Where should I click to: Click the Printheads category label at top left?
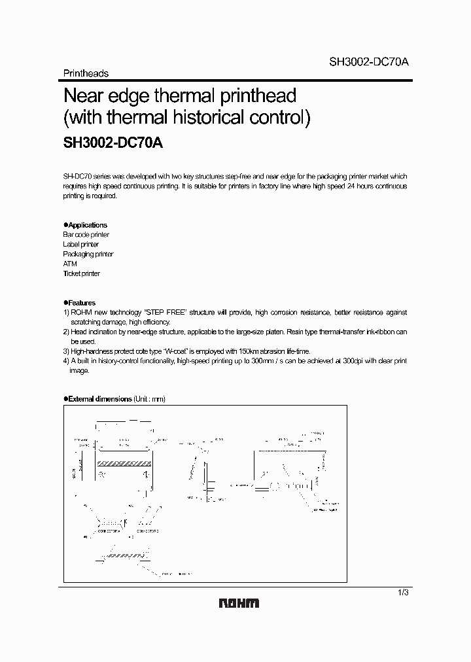point(86,74)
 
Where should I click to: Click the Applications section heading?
point(86,225)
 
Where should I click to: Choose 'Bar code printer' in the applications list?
point(86,235)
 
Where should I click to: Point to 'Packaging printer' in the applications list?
point(88,254)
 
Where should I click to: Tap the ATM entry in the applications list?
point(70,264)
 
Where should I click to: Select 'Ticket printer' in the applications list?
point(81,274)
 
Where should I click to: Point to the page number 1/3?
point(403,592)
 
